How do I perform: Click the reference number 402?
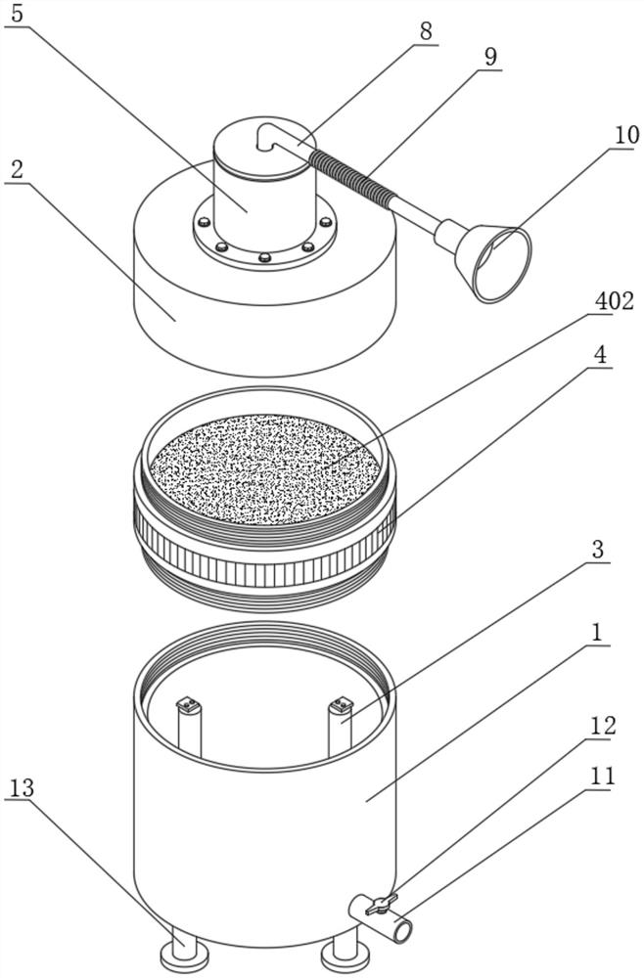click(614, 301)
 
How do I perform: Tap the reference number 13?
click(22, 787)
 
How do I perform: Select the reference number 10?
click(627, 135)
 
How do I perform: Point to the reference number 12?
click(602, 726)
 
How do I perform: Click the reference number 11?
click(601, 776)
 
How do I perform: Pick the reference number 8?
click(426, 31)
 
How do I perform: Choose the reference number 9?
click(491, 57)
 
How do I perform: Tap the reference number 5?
click(17, 14)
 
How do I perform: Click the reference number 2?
click(17, 169)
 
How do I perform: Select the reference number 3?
click(598, 550)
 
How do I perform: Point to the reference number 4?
click(600, 355)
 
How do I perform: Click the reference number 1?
click(597, 633)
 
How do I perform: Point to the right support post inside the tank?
click(340, 728)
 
